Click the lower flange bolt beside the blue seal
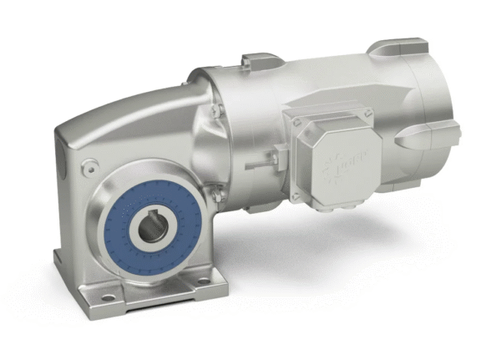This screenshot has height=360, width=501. click(x=213, y=195)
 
